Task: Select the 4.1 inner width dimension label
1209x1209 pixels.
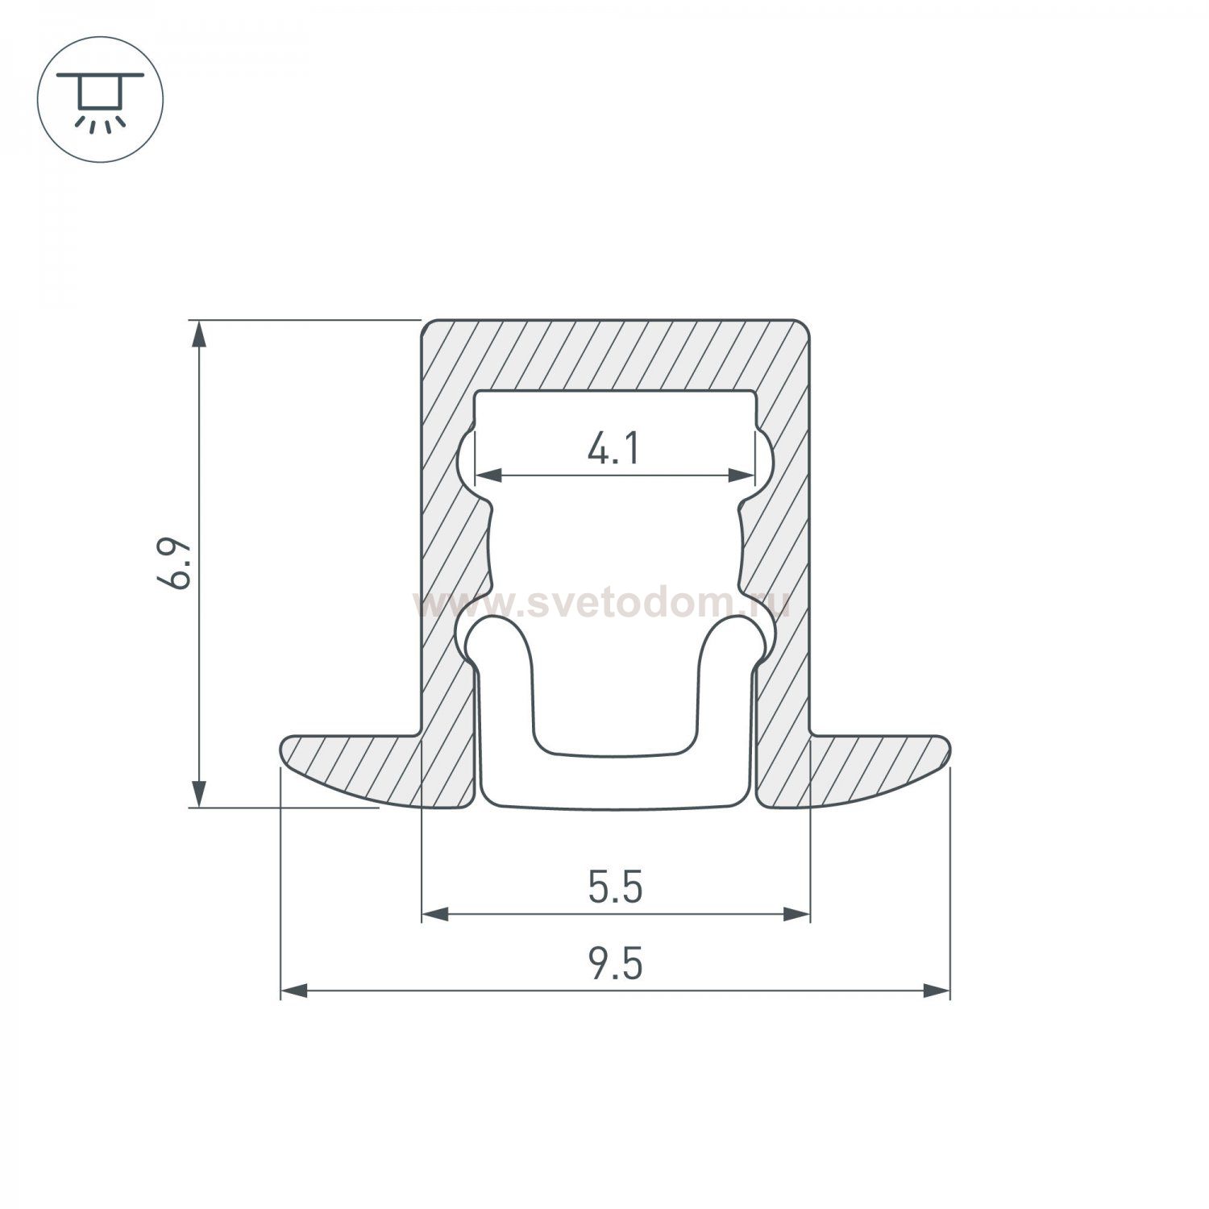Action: (x=614, y=448)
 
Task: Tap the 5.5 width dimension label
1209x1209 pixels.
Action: (x=615, y=888)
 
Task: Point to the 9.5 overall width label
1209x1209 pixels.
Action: (x=615, y=965)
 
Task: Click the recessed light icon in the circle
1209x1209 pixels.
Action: (x=101, y=100)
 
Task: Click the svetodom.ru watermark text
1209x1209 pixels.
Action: (x=600, y=603)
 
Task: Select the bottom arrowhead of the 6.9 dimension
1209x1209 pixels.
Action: (x=198, y=793)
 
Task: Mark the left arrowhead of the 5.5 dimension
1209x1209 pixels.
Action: (x=435, y=914)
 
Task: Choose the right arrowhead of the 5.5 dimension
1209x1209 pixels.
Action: (x=796, y=914)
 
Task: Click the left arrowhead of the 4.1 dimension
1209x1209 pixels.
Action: (x=488, y=476)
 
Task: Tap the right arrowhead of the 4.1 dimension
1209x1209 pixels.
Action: (x=742, y=476)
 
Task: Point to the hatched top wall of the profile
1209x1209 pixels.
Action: (x=615, y=355)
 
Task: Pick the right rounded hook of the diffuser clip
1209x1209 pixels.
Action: (x=735, y=637)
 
